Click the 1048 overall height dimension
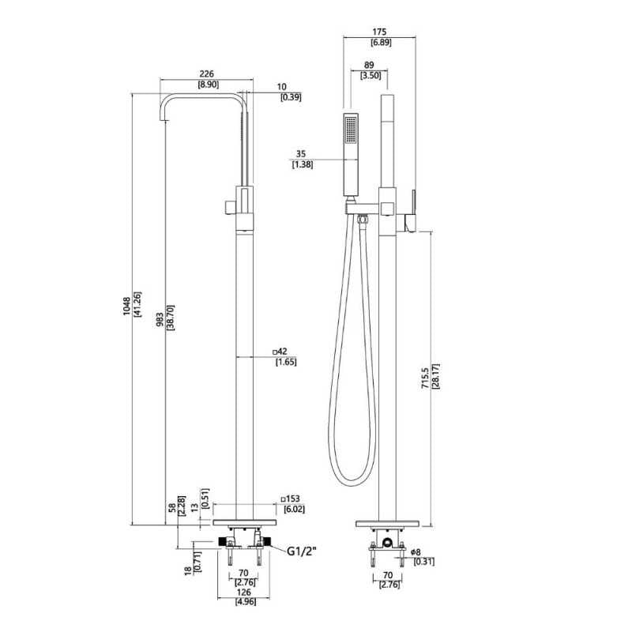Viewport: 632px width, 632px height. point(127,306)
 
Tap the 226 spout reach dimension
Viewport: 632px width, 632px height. point(207,73)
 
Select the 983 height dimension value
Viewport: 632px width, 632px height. point(160,319)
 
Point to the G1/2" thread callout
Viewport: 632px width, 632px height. point(302,551)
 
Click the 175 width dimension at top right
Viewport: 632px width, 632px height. point(379,32)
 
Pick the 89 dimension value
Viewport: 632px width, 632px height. point(369,65)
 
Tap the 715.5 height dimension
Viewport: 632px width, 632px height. point(425,376)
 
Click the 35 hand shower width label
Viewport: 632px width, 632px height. point(301,153)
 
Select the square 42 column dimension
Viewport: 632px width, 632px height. point(280,352)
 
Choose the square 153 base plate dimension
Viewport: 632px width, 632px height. point(291,498)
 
